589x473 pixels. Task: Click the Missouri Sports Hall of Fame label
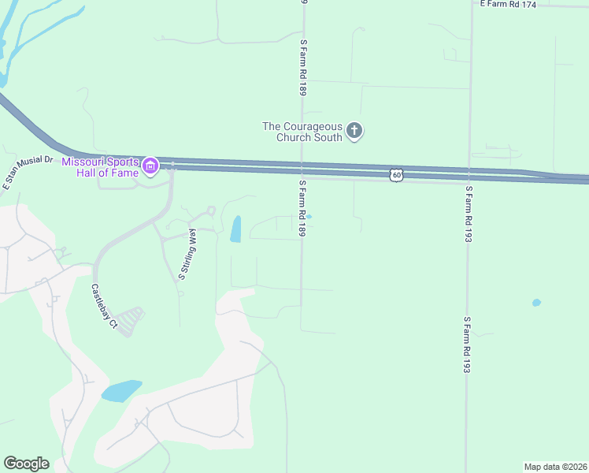click(100, 167)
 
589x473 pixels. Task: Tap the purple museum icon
click(150, 167)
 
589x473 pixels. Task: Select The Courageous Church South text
click(303, 132)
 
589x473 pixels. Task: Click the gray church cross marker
click(354, 130)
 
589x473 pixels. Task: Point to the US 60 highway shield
click(397, 175)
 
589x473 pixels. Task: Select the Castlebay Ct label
click(103, 306)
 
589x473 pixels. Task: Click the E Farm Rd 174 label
click(508, 5)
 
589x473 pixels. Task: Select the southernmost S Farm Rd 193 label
click(467, 345)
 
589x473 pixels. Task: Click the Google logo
click(26, 464)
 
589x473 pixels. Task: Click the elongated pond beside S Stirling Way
click(235, 229)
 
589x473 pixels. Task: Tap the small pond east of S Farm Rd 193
click(536, 303)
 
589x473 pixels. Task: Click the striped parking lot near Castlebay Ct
click(132, 320)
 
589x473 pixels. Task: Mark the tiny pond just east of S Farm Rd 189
click(309, 217)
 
